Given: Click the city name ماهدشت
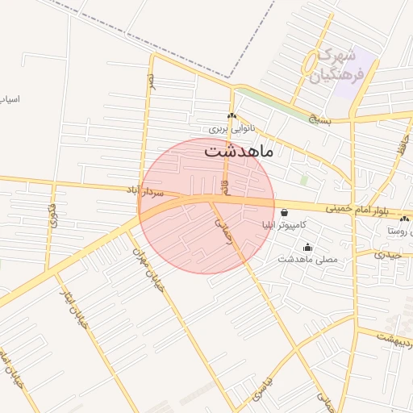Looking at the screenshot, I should [240, 151].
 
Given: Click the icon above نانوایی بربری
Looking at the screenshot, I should [232, 116].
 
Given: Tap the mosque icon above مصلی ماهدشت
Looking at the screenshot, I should [307, 248].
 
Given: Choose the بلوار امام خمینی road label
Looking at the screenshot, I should [358, 212].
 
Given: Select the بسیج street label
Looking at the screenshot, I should [323, 117].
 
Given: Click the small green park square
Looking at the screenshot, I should [304, 180].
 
